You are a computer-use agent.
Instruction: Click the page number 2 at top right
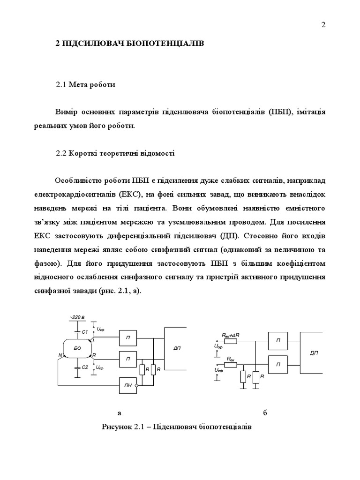(x=323, y=25)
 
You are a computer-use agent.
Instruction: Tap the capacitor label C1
(x=85, y=332)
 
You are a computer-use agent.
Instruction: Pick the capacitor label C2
(x=85, y=367)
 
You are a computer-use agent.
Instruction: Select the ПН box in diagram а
(x=127, y=385)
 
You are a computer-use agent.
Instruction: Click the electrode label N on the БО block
(x=60, y=356)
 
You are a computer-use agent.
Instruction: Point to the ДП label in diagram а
(x=176, y=348)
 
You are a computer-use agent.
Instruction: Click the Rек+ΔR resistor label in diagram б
(x=230, y=335)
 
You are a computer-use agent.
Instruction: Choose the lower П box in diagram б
(x=278, y=364)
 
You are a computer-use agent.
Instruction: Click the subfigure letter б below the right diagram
(x=265, y=413)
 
